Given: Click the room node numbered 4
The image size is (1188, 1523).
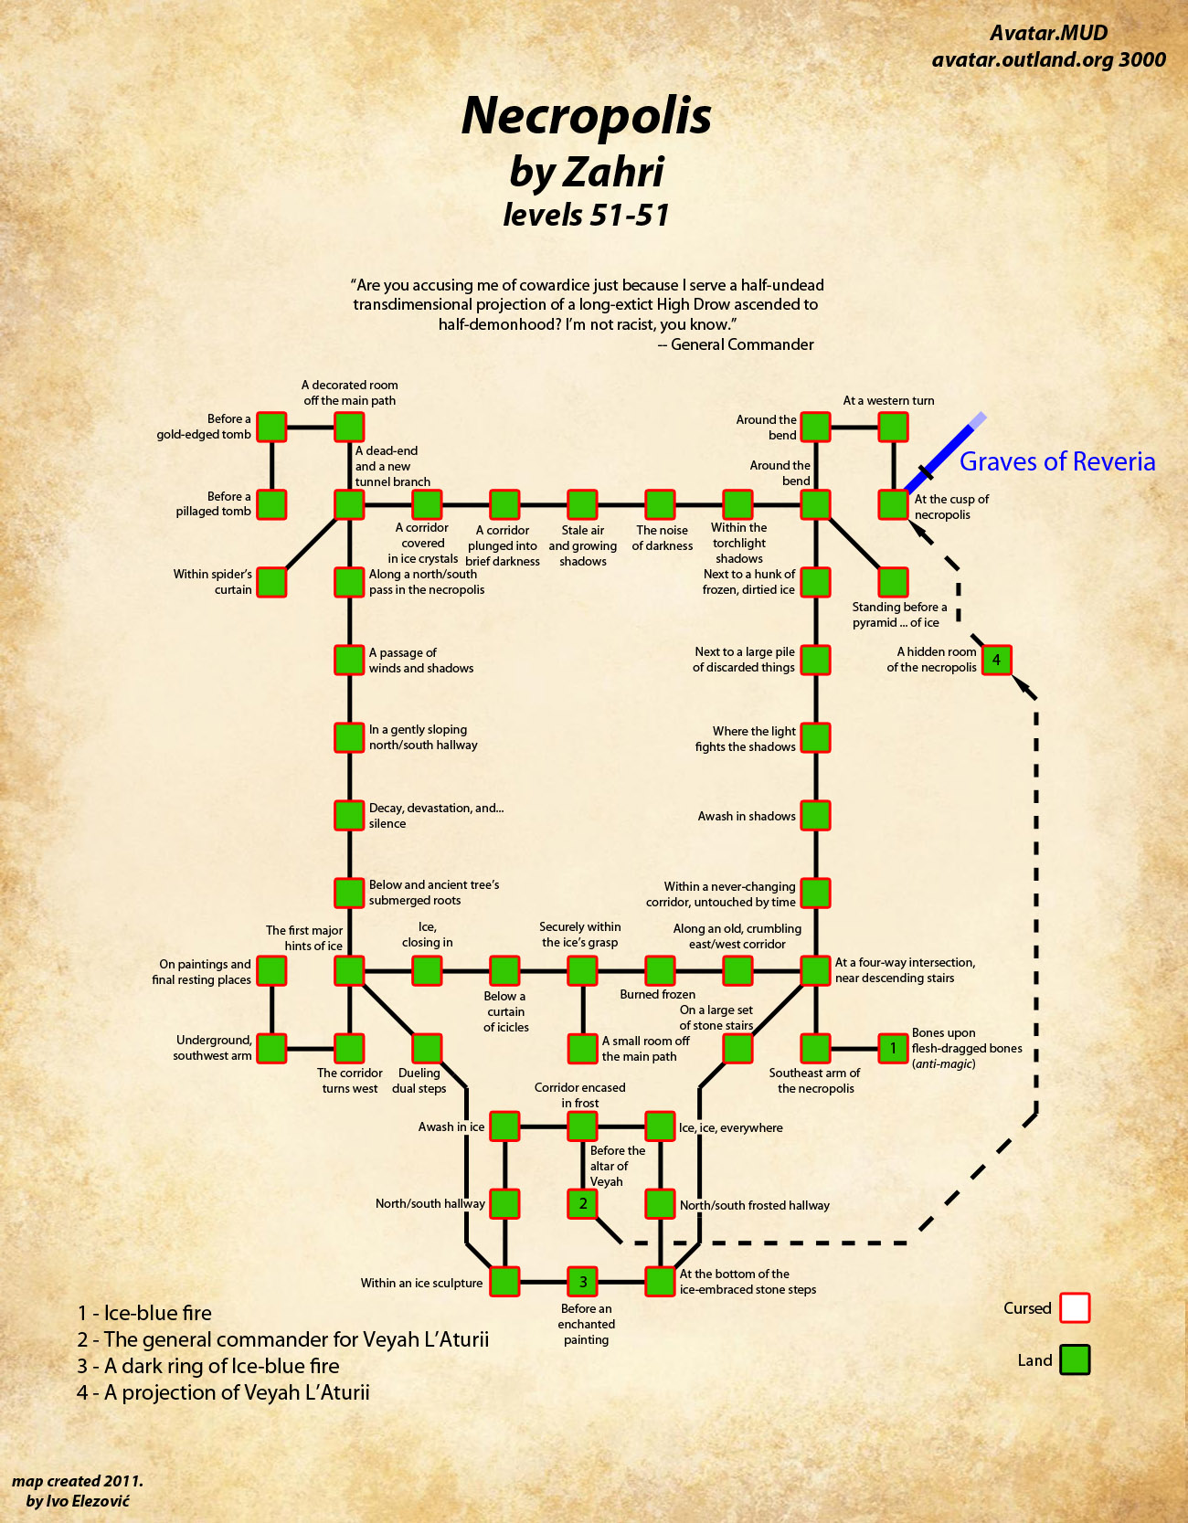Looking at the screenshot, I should (996, 659).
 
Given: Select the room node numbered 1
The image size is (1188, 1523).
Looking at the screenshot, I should (893, 1048).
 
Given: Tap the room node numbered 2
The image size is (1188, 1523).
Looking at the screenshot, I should (582, 1203).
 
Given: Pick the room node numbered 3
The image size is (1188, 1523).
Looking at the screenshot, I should (582, 1281).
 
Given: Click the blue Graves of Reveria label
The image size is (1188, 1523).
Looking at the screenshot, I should (1056, 461).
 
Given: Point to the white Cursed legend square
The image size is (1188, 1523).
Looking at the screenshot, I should (1075, 1307).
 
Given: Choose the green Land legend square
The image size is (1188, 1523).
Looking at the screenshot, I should (1075, 1359).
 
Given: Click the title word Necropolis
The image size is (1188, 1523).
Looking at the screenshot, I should (586, 116).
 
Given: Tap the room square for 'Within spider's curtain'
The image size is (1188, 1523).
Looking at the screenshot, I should (271, 582).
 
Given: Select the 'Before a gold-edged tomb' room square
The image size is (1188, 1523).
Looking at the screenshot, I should (271, 427).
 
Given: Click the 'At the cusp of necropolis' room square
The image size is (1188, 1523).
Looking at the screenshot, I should (893, 504).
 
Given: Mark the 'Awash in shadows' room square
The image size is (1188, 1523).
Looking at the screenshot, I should (815, 815).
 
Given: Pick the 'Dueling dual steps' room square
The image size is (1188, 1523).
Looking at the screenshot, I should (427, 1048).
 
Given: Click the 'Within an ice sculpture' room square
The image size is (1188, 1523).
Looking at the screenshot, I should (504, 1281).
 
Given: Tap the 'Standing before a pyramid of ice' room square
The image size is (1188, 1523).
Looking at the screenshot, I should (893, 582).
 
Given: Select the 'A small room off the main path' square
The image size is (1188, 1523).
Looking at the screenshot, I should (582, 1048).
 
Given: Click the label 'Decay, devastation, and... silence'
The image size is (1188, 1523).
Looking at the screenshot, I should (436, 816).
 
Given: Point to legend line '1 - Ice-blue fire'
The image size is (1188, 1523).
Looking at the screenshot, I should (145, 1313).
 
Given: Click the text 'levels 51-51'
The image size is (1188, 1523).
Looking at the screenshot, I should (586, 215).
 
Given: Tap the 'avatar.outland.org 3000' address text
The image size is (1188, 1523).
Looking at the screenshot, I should (1048, 60).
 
